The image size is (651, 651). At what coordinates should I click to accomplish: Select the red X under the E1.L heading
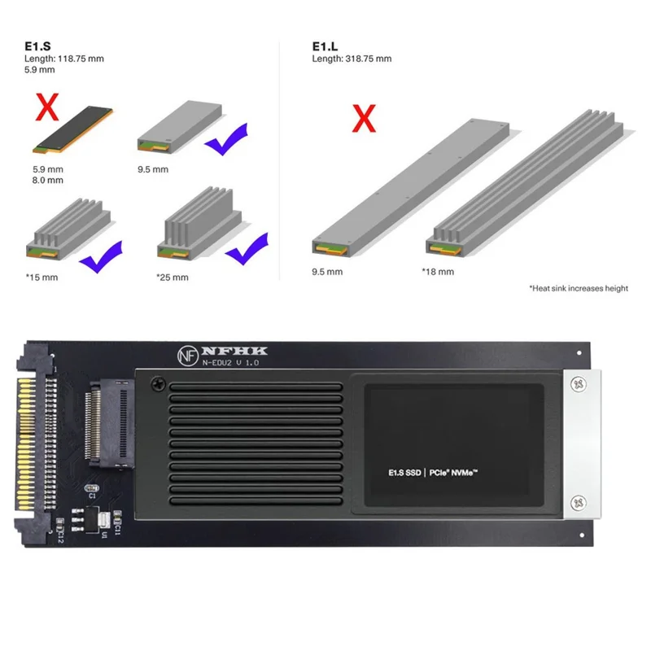click(x=362, y=120)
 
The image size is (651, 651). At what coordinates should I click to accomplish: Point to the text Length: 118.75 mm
click(x=64, y=59)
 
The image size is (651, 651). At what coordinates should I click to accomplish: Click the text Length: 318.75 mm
click(x=352, y=59)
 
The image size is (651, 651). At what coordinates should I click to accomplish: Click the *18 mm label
click(x=437, y=271)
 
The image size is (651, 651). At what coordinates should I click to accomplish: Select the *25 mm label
click(x=172, y=277)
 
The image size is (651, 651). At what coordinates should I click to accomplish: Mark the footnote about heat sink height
click(x=578, y=288)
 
